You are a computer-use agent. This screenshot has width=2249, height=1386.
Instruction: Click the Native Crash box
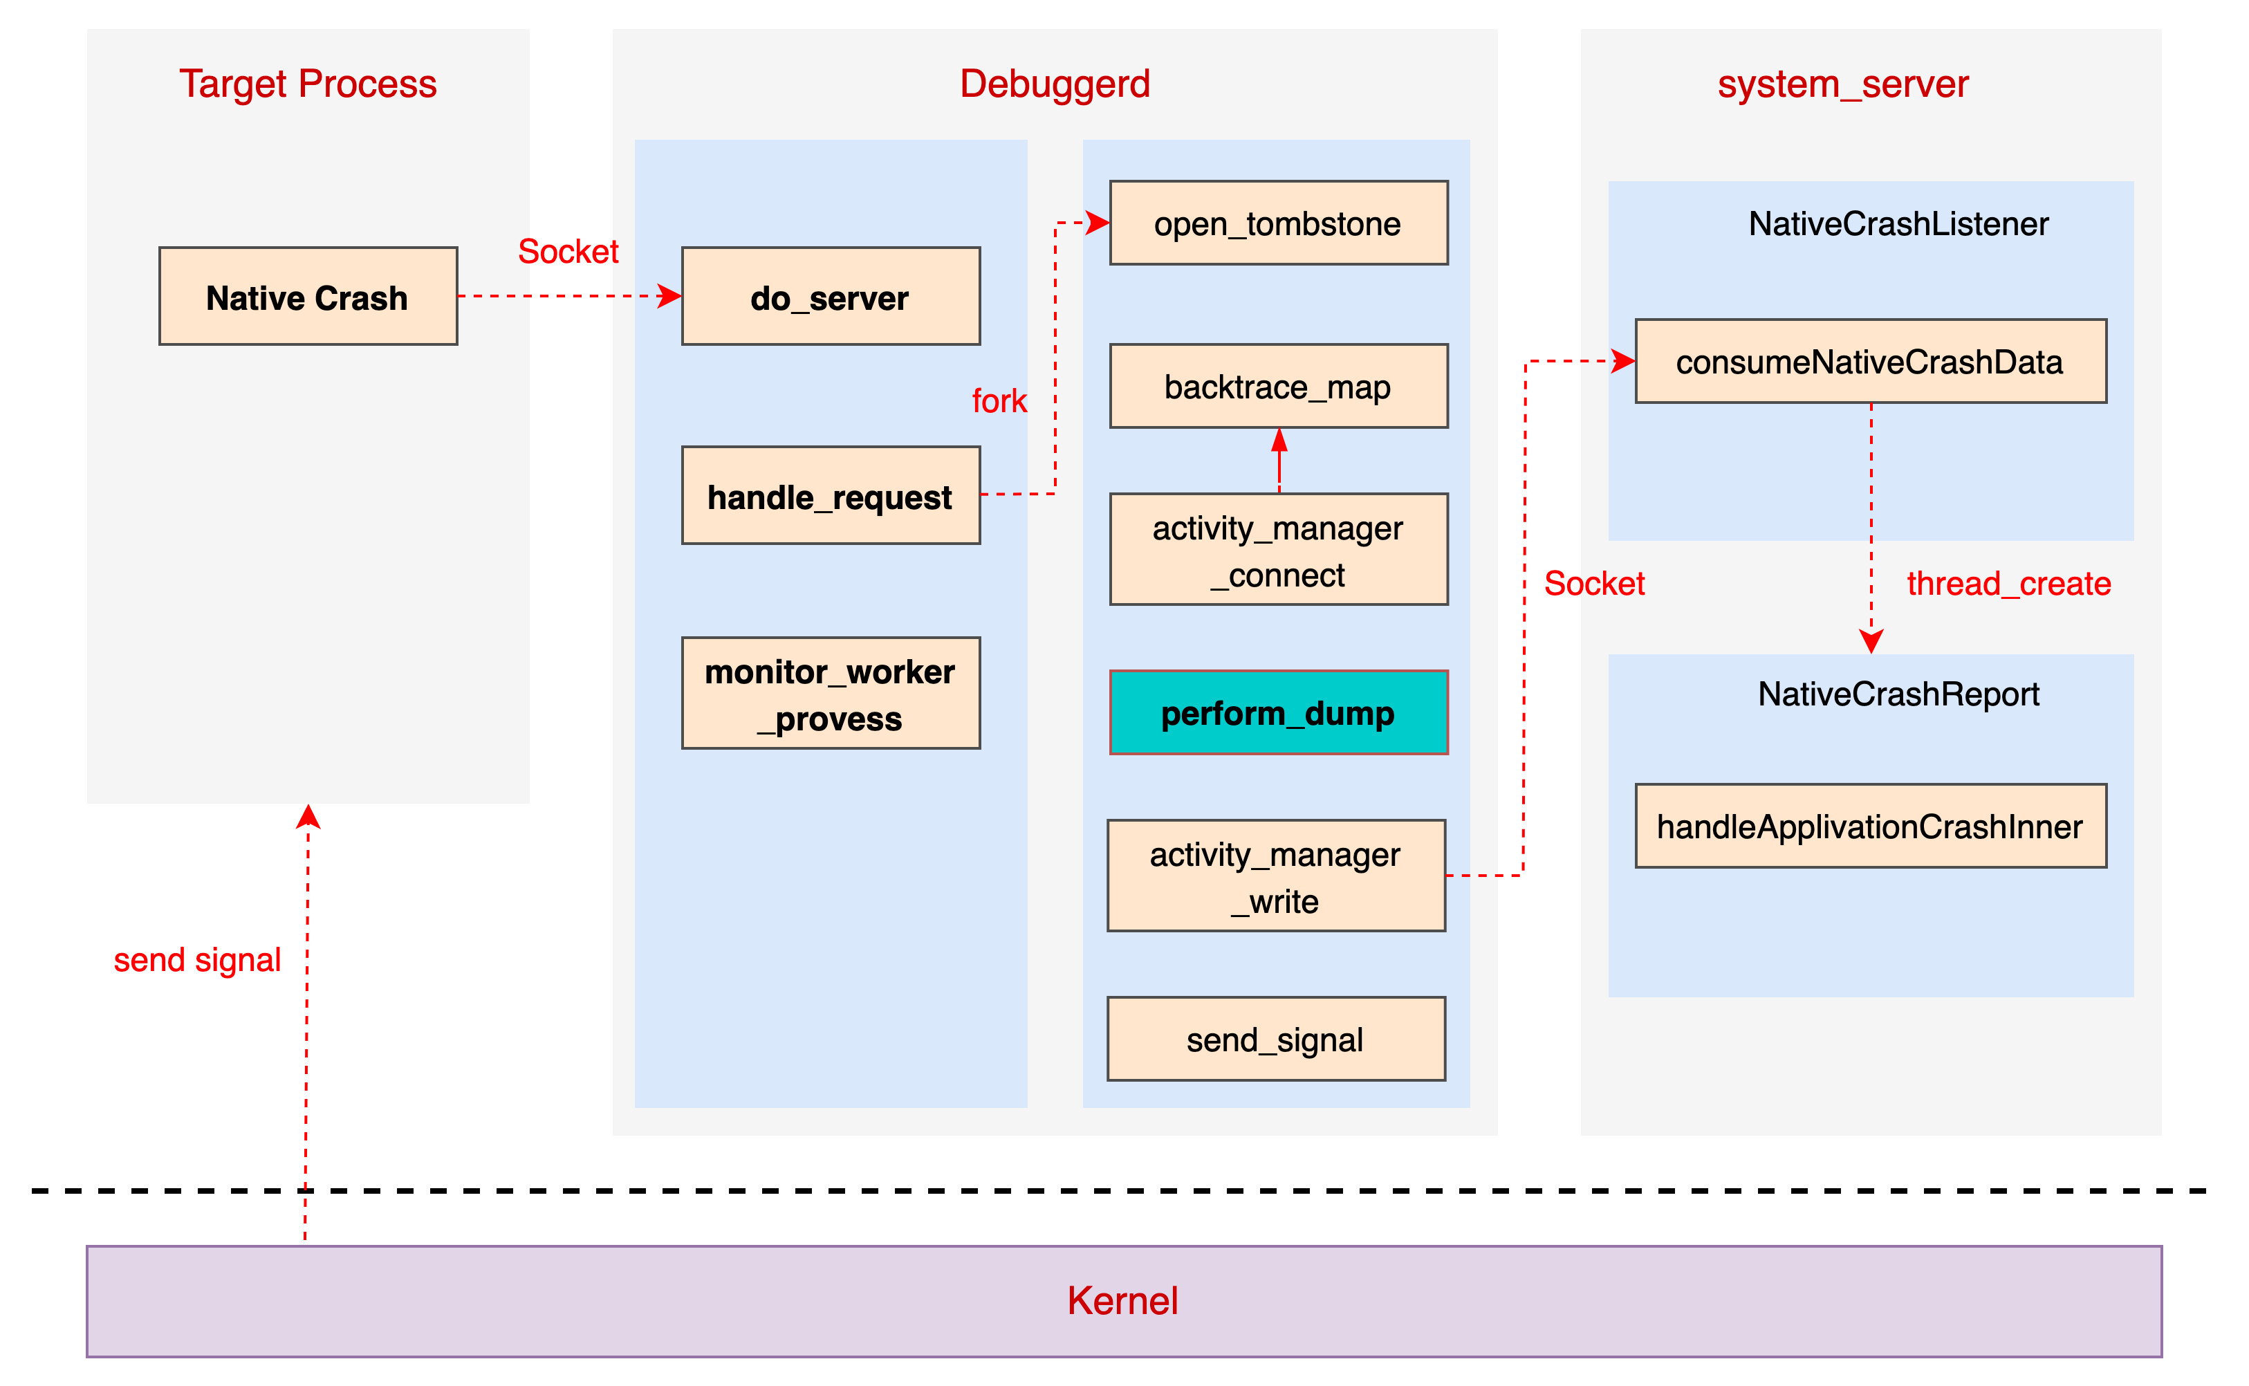pos(308,296)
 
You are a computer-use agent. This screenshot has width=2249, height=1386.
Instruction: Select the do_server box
pos(831,296)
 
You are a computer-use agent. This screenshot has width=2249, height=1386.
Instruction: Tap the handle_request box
pos(831,496)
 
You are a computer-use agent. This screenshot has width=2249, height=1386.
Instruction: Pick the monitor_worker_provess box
pos(831,694)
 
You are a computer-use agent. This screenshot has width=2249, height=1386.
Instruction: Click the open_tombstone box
pos(1279,223)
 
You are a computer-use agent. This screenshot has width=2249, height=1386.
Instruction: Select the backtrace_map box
pos(1279,386)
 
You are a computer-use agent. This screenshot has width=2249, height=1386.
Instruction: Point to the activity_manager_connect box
pos(1279,550)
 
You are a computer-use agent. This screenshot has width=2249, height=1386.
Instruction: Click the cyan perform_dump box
pos(1279,713)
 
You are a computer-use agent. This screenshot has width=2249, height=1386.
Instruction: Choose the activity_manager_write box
pos(1276,876)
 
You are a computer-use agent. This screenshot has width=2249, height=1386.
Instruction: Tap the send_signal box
pos(1276,1039)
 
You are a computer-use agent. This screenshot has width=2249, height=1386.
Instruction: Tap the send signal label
pos(197,960)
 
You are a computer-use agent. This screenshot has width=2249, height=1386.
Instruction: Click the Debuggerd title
pos(1055,84)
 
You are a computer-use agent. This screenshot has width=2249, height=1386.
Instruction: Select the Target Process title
pos(308,84)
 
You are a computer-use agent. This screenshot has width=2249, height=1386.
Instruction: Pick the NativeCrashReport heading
pos(1898,694)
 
